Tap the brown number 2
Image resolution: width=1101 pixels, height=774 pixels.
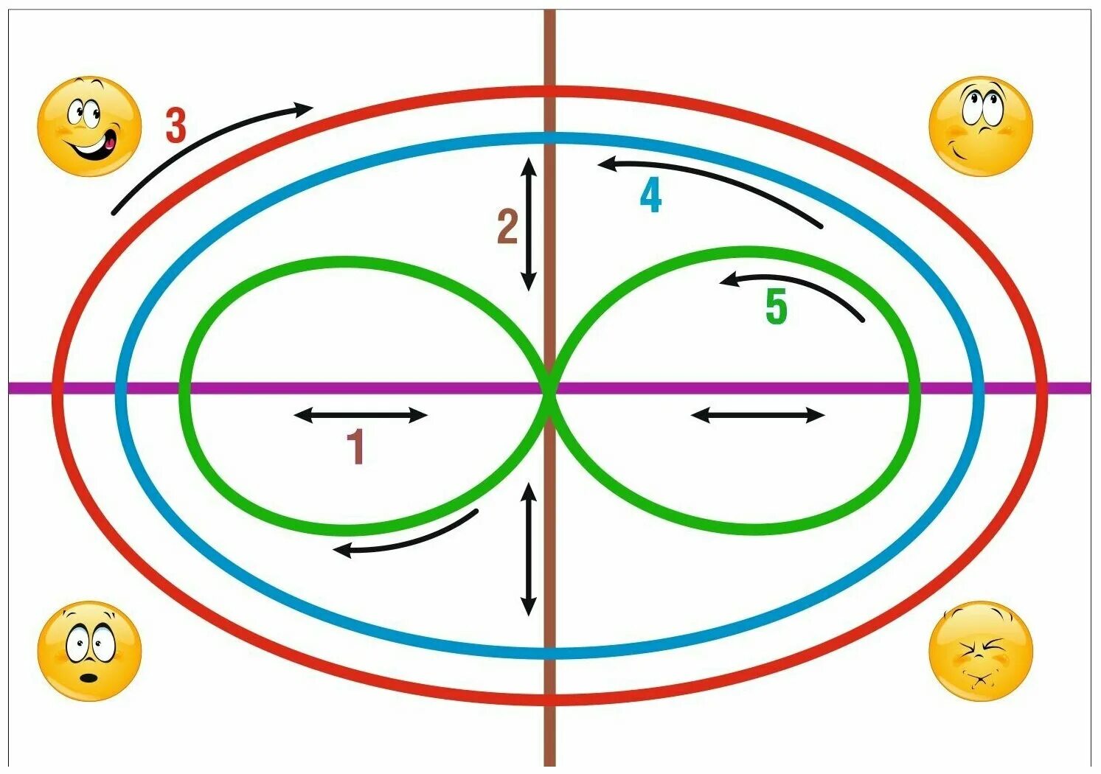point(507,227)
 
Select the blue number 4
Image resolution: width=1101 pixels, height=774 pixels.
point(650,196)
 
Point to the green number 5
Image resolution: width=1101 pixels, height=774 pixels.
point(776,307)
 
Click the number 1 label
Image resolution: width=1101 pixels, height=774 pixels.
point(355,447)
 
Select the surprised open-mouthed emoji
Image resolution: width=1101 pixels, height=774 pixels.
point(89,651)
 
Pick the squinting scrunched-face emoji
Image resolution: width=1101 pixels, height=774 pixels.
point(980,651)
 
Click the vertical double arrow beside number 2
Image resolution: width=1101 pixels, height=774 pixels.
point(528,224)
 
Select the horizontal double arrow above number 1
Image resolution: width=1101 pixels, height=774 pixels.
point(361,416)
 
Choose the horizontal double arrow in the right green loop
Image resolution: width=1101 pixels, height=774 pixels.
point(757,416)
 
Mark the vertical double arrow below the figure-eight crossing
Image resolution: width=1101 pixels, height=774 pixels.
point(528,549)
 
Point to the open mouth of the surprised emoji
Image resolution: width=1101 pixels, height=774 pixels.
point(90,677)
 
